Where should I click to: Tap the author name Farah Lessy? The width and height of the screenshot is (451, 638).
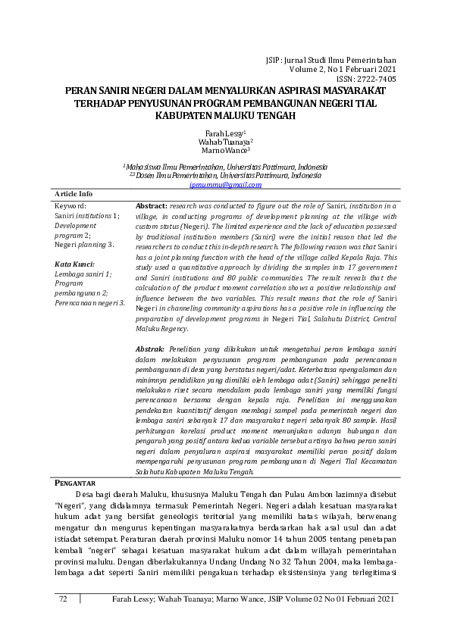(225, 133)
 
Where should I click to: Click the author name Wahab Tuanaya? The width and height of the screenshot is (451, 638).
(225, 142)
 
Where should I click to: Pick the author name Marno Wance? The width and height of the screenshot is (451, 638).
(225, 151)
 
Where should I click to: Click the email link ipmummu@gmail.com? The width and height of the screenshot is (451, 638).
(225, 185)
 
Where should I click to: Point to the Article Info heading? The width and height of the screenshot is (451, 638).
(74, 195)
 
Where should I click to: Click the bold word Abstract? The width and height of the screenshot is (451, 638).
(151, 206)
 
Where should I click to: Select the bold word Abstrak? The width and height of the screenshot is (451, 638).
(149, 346)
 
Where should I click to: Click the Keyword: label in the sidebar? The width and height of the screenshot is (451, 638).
(70, 205)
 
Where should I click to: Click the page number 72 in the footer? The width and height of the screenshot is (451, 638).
(64, 600)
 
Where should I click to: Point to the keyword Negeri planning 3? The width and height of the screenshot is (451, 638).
(84, 245)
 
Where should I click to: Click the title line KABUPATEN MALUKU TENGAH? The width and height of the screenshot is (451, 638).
(225, 115)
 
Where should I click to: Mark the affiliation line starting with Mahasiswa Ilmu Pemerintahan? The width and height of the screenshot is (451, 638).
(225, 166)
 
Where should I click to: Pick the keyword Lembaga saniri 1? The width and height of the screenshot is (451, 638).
(83, 274)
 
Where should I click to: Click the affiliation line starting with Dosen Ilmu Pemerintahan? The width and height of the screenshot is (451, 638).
(225, 175)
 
